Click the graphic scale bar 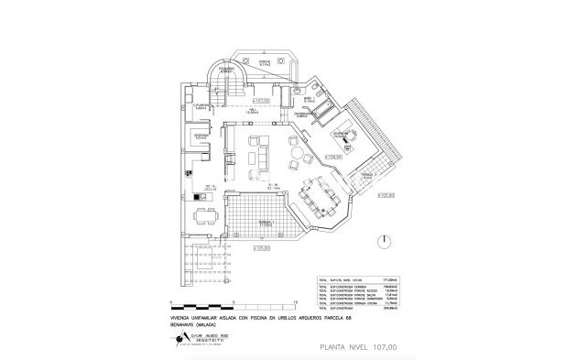[234, 303]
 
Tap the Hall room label [253, 110]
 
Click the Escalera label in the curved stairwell [228, 69]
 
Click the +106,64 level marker [332, 156]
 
